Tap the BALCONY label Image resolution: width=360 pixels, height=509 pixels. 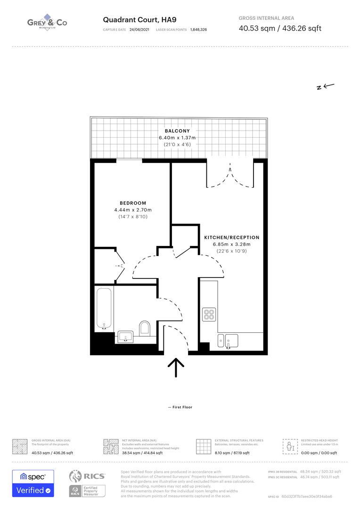pyautogui.click(x=177, y=131)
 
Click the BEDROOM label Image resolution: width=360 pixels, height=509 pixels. pyautogui.click(x=133, y=203)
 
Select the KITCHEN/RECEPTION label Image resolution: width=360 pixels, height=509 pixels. pyautogui.click(x=231, y=238)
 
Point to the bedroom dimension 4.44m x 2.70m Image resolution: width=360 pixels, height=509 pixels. pyautogui.click(x=133, y=210)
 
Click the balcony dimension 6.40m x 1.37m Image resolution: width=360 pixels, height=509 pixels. pyautogui.click(x=177, y=138)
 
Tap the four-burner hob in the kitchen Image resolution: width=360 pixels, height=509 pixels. pyautogui.click(x=209, y=314)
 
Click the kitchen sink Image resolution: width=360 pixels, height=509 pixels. pyautogui.click(x=231, y=340)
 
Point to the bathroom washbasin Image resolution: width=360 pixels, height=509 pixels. pyautogui.click(x=125, y=337)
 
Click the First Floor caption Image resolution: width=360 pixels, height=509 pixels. pyautogui.click(x=180, y=407)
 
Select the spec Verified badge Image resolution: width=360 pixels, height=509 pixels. pyautogui.click(x=33, y=483)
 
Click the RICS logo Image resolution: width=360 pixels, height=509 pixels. pyautogui.click(x=87, y=476)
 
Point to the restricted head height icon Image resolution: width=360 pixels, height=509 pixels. pyautogui.click(x=290, y=446)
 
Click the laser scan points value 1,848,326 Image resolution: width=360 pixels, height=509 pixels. pyautogui.click(x=198, y=29)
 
